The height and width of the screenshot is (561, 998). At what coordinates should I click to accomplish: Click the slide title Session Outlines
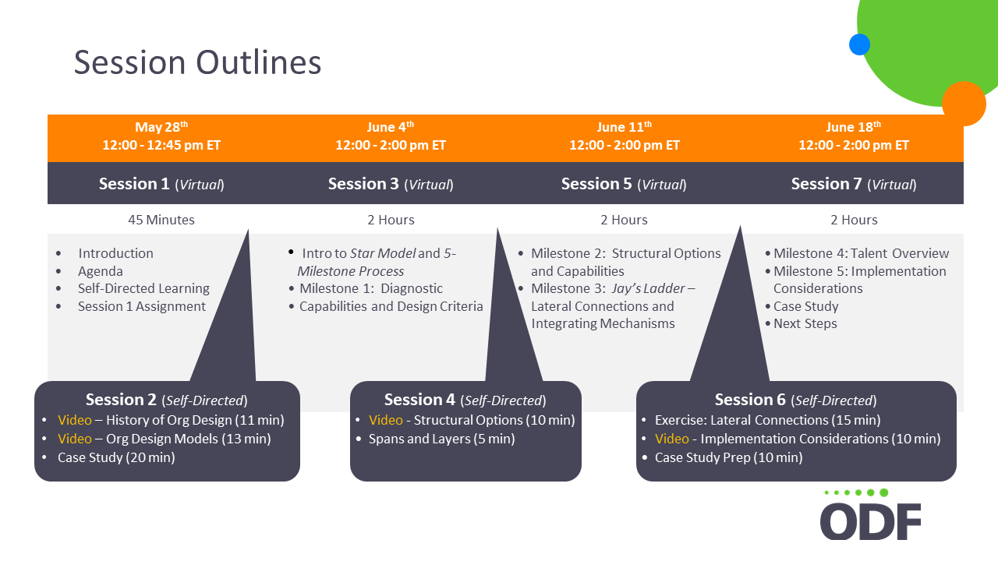click(197, 62)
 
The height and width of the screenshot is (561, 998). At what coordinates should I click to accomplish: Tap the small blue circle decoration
click(859, 44)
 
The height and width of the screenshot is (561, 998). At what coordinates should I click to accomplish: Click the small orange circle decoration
click(964, 104)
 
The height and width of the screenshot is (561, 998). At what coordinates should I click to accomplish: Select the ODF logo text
click(871, 521)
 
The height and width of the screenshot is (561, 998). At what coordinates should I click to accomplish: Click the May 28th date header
click(161, 127)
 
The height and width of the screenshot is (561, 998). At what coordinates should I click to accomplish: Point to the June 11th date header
click(625, 127)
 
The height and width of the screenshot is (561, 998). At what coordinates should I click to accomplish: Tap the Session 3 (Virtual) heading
click(391, 184)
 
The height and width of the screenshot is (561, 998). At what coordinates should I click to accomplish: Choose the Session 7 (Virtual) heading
click(854, 184)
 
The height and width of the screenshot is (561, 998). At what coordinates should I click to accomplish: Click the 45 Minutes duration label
click(161, 220)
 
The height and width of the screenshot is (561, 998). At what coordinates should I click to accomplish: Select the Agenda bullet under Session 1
click(101, 271)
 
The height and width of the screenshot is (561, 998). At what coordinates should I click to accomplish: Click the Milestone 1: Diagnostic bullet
click(370, 288)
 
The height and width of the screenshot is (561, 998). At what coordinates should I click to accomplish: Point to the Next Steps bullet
click(805, 323)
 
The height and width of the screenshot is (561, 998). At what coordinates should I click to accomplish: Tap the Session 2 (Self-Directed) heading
click(167, 400)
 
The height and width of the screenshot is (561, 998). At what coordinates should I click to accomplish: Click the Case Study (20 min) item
click(116, 457)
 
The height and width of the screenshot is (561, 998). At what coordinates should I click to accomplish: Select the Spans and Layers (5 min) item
click(441, 439)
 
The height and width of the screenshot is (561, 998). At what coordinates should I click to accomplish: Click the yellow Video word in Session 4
click(386, 420)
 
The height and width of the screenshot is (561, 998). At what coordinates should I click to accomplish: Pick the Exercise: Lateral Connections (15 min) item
click(768, 420)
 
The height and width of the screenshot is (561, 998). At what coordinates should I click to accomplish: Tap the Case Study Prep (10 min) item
click(728, 457)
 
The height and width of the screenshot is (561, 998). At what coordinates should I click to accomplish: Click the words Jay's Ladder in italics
click(648, 288)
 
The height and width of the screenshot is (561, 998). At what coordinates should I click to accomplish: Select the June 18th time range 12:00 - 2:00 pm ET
click(854, 145)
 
